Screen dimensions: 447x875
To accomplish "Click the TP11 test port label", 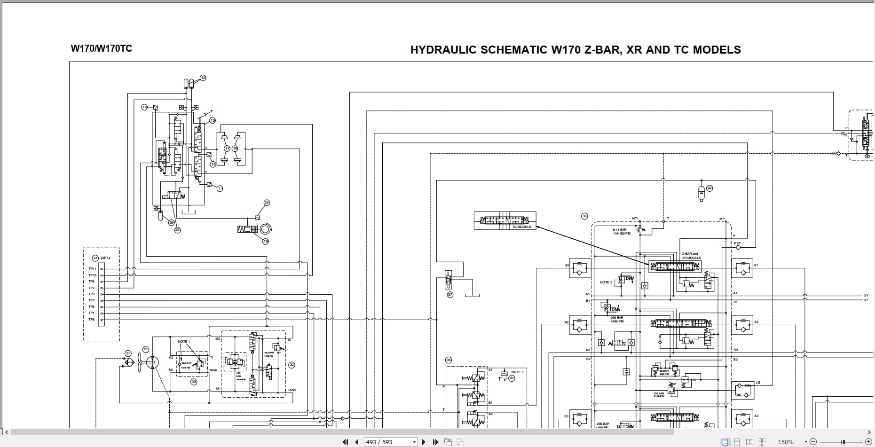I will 92,269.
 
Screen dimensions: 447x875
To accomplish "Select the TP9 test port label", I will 92,320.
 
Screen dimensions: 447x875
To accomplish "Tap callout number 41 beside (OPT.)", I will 95,258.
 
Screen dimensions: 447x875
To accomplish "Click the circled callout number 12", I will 203,78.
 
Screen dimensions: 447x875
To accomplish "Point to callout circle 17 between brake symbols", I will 227,149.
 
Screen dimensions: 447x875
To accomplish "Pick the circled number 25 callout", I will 267,203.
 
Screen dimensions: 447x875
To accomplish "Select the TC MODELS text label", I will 521,227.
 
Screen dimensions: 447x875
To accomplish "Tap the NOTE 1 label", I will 184,342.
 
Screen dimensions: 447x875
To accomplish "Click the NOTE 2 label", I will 606,282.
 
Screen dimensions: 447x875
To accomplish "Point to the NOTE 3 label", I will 517,372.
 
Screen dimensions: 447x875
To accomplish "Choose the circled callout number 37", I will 450,295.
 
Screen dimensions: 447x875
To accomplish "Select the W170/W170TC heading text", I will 101,48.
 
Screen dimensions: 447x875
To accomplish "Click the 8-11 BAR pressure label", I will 620,230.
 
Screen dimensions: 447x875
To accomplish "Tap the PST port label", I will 737,243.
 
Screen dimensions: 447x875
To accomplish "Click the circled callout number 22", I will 292,365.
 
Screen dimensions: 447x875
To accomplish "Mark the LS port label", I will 758,383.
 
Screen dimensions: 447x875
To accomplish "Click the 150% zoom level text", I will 786,442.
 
